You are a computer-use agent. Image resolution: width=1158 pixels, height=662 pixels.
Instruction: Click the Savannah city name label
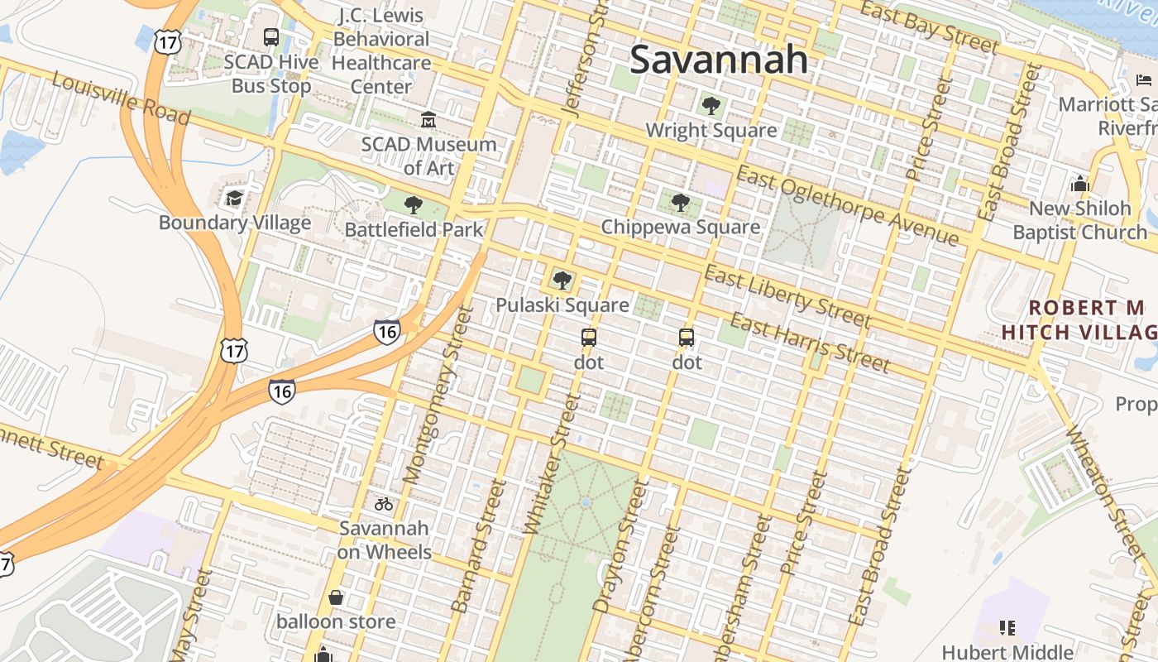click(x=718, y=59)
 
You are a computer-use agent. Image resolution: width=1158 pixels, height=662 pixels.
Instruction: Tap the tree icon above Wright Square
click(x=711, y=105)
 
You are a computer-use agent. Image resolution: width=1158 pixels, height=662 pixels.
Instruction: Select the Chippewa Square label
click(x=680, y=227)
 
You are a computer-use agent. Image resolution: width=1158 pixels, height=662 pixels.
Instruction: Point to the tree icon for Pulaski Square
click(x=562, y=281)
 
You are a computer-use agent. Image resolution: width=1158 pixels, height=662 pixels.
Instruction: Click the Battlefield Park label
click(x=414, y=229)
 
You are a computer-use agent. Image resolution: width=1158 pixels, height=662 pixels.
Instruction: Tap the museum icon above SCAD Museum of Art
click(x=428, y=120)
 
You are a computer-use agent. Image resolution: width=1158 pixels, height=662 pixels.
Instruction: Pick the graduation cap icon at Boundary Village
click(x=235, y=198)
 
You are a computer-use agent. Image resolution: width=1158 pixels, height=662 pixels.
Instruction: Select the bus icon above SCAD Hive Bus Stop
click(x=271, y=37)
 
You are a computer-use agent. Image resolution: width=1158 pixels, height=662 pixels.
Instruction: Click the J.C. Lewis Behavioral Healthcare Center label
click(x=381, y=50)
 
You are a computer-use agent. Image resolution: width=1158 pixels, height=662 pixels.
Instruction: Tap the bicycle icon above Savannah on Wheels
click(x=384, y=503)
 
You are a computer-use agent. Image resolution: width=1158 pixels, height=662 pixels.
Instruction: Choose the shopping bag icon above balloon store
click(x=336, y=597)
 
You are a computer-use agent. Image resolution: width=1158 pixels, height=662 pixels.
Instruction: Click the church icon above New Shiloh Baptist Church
click(x=1079, y=184)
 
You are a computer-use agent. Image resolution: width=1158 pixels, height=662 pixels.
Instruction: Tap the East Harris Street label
click(x=810, y=343)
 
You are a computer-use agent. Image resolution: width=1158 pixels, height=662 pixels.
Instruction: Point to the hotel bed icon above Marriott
click(x=1144, y=80)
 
